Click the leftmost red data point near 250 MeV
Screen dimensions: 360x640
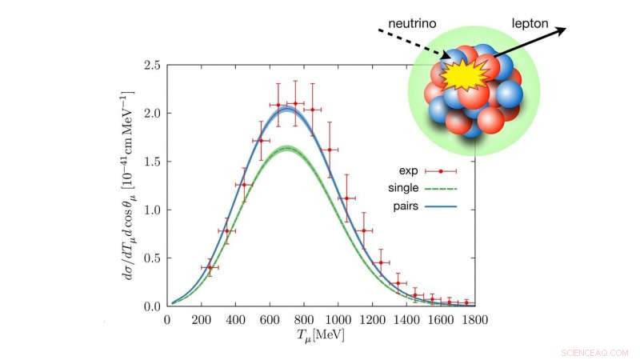(210, 267)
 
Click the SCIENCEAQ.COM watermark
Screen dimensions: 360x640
(595, 352)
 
